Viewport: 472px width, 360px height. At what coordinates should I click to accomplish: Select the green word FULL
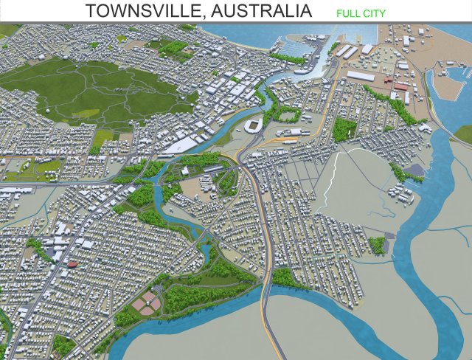(349, 13)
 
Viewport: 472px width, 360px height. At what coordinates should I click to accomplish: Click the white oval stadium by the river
(254, 125)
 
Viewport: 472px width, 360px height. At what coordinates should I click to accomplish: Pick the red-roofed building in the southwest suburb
(72, 263)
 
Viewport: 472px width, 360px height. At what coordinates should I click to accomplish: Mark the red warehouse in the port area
(400, 88)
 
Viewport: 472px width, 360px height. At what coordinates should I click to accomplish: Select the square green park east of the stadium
(344, 129)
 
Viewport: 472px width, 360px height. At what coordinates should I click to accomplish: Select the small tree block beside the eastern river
(377, 245)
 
